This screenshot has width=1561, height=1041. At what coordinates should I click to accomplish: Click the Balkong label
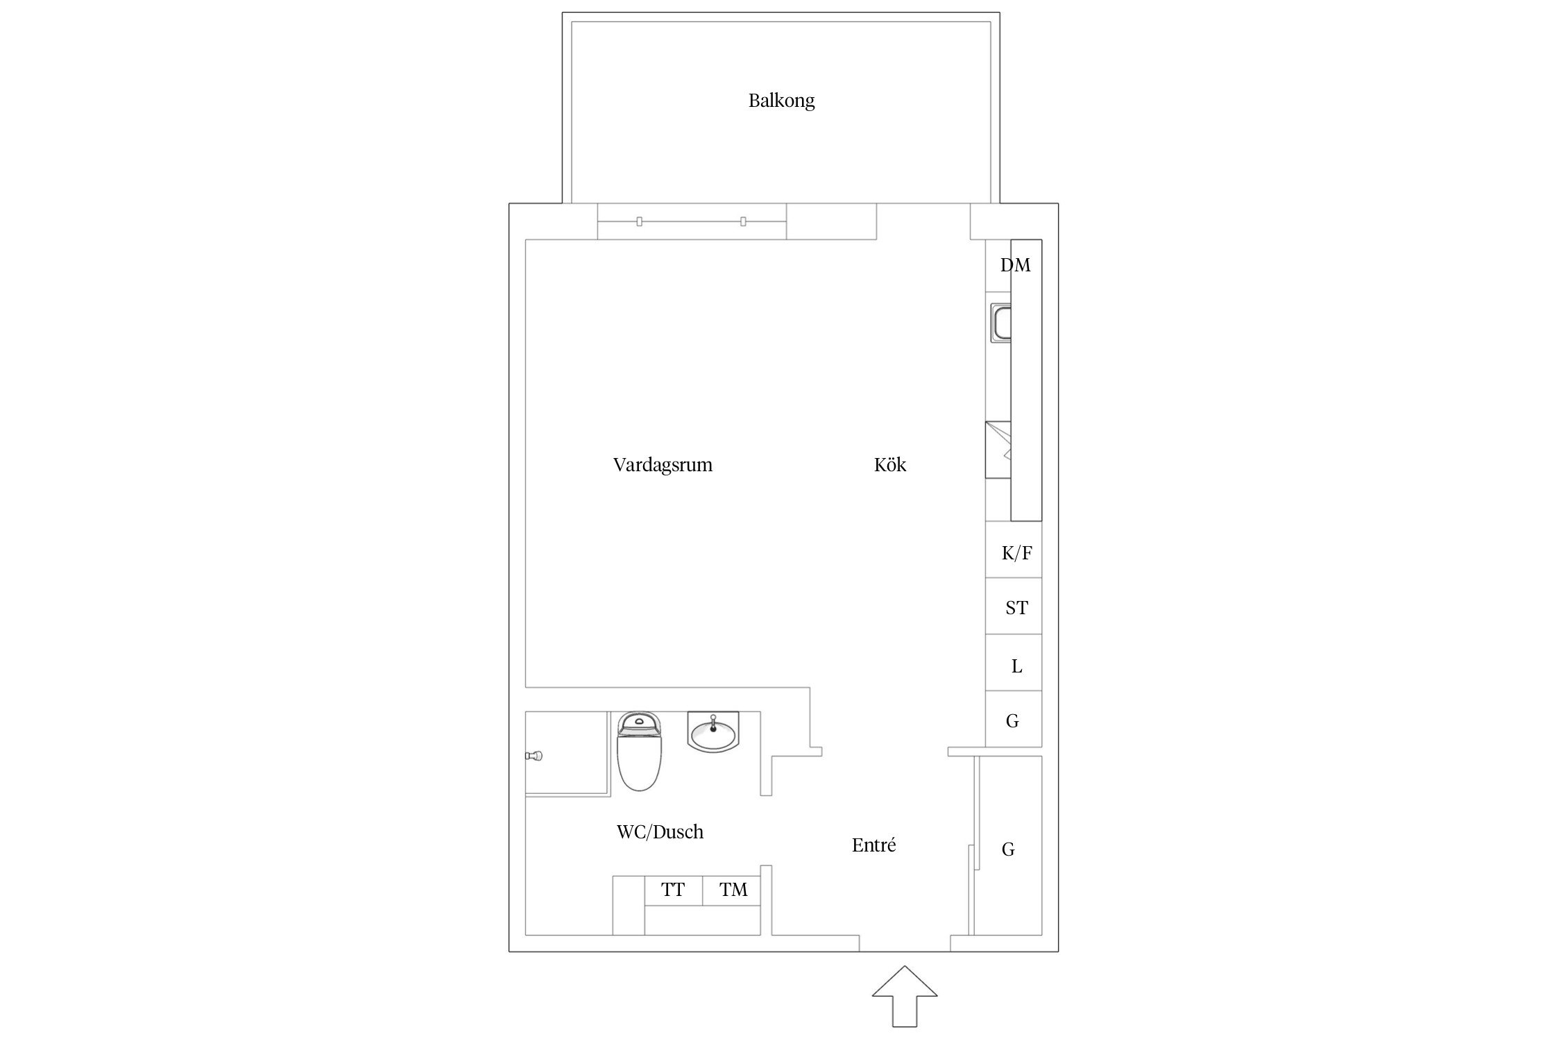point(781,101)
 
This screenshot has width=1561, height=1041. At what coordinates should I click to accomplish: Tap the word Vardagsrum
point(663,464)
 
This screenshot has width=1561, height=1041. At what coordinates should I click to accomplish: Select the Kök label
point(890,464)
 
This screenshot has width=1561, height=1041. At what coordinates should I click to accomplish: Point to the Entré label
point(874,845)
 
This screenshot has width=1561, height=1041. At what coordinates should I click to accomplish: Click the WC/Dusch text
point(660,831)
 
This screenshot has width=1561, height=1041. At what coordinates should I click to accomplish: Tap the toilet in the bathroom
point(639,751)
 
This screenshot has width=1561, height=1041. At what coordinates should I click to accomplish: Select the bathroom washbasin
point(713,731)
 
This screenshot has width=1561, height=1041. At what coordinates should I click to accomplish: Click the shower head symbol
point(534,755)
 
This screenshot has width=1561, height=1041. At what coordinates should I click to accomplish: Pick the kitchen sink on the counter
point(1001,323)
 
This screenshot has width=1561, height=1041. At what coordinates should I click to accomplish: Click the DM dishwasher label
point(1016,265)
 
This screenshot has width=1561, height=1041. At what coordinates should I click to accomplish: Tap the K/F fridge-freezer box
point(1014,550)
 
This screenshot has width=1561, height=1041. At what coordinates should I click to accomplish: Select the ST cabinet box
point(1014,606)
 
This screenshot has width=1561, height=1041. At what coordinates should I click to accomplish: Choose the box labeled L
point(1014,663)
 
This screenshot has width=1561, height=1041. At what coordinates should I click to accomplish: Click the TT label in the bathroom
point(673,890)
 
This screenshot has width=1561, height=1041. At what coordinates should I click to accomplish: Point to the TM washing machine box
point(731,890)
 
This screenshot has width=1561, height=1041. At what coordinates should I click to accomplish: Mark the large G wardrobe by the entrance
point(1007,845)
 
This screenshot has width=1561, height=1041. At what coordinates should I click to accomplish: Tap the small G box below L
point(1014,719)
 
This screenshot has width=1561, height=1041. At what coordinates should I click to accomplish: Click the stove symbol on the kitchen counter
point(998,450)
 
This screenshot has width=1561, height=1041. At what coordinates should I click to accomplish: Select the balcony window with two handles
point(692,221)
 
